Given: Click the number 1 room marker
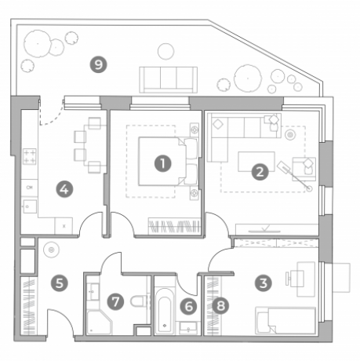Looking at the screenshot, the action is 162,164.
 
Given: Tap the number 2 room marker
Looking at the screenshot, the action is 260,172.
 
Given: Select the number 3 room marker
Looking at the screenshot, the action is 264,283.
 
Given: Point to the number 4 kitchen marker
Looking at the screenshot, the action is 64,189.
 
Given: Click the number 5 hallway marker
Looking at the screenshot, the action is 60,283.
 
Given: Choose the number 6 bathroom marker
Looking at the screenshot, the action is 189,306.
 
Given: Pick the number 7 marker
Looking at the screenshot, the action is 115,302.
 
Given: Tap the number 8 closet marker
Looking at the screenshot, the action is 220,305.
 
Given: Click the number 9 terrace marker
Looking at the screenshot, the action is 98,64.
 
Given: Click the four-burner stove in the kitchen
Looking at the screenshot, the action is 30,156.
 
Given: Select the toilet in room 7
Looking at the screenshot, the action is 140,301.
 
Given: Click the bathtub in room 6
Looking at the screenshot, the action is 165,311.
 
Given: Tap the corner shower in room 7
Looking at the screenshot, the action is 100,323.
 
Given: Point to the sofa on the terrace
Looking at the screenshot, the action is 168,79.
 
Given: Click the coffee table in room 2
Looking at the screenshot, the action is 256,162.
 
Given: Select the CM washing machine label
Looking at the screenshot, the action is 30,188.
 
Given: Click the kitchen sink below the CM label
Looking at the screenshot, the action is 30,206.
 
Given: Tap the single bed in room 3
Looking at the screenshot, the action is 285,320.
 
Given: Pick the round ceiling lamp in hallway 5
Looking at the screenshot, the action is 52,250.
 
